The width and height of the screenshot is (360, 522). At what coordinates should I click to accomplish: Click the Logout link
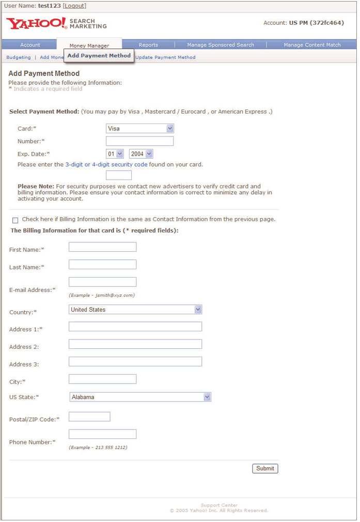tap(74, 6)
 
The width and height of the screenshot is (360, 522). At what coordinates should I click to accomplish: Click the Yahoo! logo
tap(36, 24)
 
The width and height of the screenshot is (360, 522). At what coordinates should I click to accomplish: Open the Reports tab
tap(148, 45)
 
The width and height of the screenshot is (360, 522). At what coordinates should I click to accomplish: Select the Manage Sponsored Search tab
tap(221, 45)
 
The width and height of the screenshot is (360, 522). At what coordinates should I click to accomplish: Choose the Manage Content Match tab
tap(312, 45)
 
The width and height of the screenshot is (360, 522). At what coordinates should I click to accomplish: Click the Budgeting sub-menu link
tap(19, 57)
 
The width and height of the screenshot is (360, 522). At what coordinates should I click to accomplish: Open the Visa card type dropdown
tap(140, 128)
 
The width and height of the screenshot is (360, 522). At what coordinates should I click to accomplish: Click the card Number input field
tap(139, 141)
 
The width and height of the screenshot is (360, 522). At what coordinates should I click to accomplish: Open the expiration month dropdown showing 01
tap(115, 154)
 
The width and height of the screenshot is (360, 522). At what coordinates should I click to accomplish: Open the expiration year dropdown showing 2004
tap(141, 154)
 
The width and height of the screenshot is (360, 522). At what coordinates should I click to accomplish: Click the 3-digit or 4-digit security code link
tap(106, 165)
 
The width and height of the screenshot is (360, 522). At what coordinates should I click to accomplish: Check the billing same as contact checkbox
tap(15, 220)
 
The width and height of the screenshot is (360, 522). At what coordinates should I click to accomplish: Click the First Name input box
tap(102, 247)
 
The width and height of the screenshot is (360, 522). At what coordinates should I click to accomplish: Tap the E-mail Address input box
tap(102, 282)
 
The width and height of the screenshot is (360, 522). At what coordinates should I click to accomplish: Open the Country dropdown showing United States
tap(135, 310)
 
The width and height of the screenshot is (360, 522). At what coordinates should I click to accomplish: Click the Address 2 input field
tap(135, 344)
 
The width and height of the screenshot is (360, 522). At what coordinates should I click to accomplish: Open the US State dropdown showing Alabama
tap(140, 397)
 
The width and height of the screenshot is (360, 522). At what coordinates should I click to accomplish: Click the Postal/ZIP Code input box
tap(89, 417)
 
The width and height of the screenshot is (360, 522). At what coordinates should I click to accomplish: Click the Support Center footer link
tap(219, 505)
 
